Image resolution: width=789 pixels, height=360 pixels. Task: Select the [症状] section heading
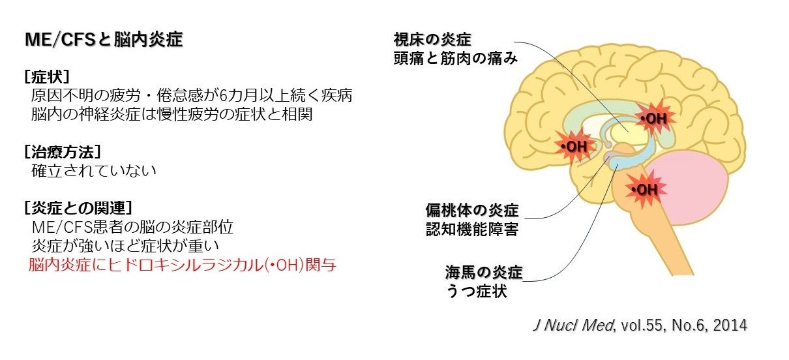click(47, 76)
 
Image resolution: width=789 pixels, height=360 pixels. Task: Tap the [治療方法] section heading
click(63, 152)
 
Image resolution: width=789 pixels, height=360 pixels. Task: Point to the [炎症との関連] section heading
click(78, 209)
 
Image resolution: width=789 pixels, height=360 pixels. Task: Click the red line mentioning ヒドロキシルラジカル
click(182, 265)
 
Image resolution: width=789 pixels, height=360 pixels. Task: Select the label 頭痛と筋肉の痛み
click(456, 59)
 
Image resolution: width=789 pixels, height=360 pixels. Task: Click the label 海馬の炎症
click(484, 271)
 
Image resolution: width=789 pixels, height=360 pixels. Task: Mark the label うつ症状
click(477, 290)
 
